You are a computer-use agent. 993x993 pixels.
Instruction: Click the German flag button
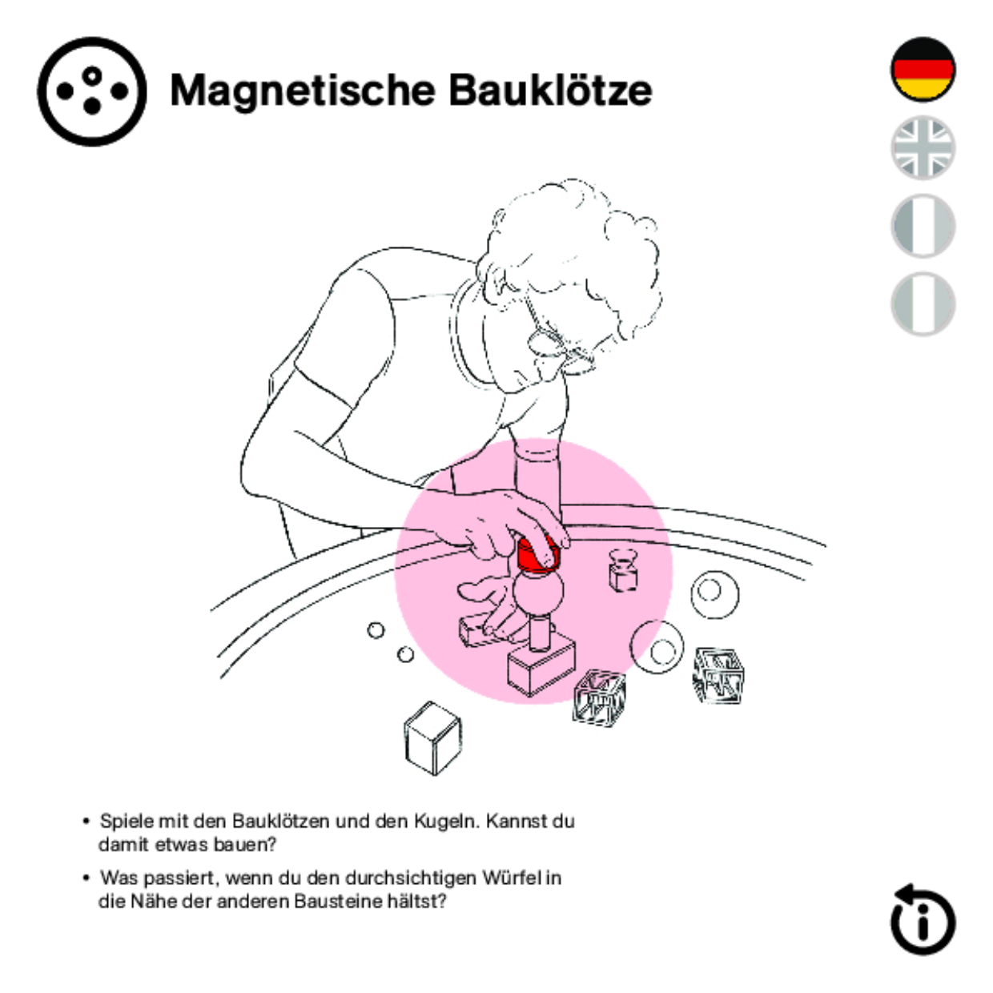click(923, 70)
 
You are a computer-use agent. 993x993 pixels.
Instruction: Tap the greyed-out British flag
click(923, 147)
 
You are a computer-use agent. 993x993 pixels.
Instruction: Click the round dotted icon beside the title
click(92, 91)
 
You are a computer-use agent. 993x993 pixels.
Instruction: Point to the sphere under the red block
click(537, 592)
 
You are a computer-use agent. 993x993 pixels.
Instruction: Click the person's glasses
click(561, 348)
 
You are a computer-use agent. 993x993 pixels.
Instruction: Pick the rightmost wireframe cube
click(718, 675)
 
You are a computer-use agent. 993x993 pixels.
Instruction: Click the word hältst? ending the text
click(416, 902)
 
